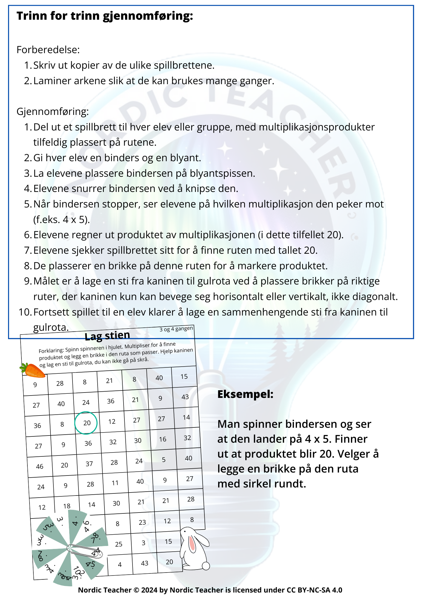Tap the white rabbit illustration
pyautogui.click(x=194, y=549)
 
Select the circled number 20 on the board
pyautogui.click(x=86, y=423)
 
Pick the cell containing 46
pyautogui.click(x=40, y=466)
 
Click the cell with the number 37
pyautogui.click(x=89, y=464)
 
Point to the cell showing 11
pyautogui.click(x=115, y=483)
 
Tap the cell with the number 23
pyautogui.click(x=142, y=522)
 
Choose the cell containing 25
pyautogui.click(x=119, y=544)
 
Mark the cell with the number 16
pyautogui.click(x=163, y=439)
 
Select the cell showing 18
pyautogui.click(x=67, y=506)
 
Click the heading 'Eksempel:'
pyautogui.click(x=245, y=394)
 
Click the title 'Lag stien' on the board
pyautogui.click(x=107, y=336)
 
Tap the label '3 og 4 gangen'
pyautogui.click(x=176, y=329)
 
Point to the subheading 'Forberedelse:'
pyautogui.click(x=48, y=50)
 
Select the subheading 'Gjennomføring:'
pyautogui.click(x=53, y=111)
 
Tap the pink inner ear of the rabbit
pyautogui.click(x=192, y=543)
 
